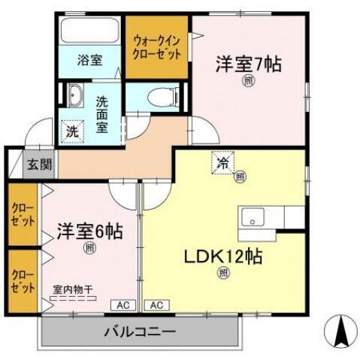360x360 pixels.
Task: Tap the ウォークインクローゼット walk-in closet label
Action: click(x=156, y=47)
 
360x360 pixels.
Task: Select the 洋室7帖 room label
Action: click(x=250, y=65)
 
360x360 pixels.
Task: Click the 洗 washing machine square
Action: click(x=72, y=130)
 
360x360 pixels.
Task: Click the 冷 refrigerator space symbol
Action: click(x=223, y=162)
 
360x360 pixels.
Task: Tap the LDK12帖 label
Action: click(x=223, y=256)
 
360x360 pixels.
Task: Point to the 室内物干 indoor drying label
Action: click(x=73, y=289)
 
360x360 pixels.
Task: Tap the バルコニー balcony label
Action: click(x=141, y=331)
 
